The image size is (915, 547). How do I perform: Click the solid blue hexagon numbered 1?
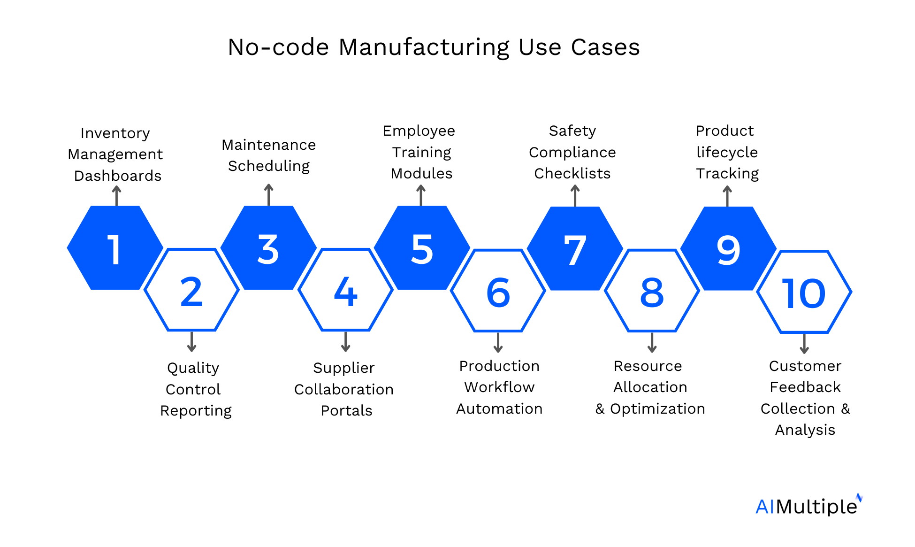pos(115,248)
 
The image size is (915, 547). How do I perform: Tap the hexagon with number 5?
pos(421,248)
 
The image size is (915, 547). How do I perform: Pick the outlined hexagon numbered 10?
pos(804,292)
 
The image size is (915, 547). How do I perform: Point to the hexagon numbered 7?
pos(575,249)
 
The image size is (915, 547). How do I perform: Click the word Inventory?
pos(115,133)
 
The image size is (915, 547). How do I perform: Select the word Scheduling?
pos(268,166)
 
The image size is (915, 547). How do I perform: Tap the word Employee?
pos(419,131)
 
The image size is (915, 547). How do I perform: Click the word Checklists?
pos(572,174)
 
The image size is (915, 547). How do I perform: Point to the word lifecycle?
pos(726,153)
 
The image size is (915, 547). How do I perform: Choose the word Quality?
pos(193,368)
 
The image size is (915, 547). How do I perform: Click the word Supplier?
pos(343,368)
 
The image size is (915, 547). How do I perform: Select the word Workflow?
pos(499,387)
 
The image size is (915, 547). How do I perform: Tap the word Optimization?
pos(657,409)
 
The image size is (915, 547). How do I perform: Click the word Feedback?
pos(805,387)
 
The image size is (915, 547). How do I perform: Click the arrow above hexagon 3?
pos(268,194)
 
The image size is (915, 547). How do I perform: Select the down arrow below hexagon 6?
pos(498,342)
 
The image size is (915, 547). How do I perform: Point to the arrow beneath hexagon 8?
pos(651,342)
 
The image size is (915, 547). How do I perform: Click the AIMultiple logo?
pos(808,506)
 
